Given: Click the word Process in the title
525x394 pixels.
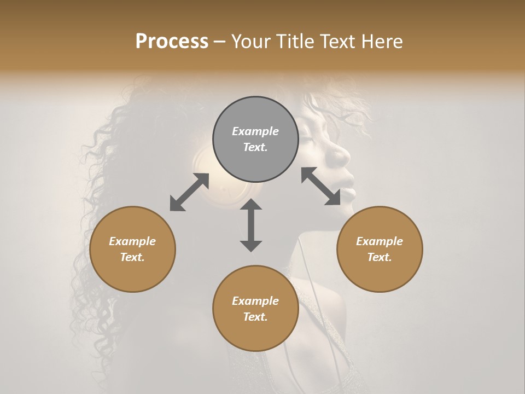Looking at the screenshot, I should pos(172,42).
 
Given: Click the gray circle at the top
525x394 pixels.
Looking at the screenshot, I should pos(255,139).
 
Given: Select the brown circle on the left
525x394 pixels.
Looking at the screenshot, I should pos(132,249).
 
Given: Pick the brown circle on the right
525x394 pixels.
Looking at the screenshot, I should pos(380,249).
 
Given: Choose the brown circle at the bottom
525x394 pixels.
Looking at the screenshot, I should pos(255,309).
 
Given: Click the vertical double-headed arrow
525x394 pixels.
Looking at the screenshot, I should pos(251,225).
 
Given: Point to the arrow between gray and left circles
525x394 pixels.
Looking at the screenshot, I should pos(189,192).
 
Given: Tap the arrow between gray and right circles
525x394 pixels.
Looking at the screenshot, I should pos(321,186).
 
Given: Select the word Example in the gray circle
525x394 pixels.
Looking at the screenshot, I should pos(255,131).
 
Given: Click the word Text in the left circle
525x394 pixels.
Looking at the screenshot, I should pos(132,257).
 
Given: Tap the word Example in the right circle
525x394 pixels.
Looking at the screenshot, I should pos(380,241).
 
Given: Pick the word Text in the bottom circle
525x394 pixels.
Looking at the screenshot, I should pos(255,317).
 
